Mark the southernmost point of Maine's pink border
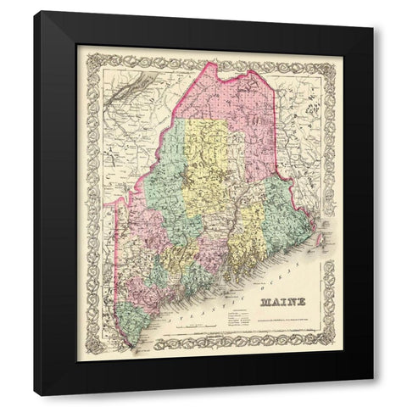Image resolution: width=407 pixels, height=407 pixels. pos(132,346)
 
